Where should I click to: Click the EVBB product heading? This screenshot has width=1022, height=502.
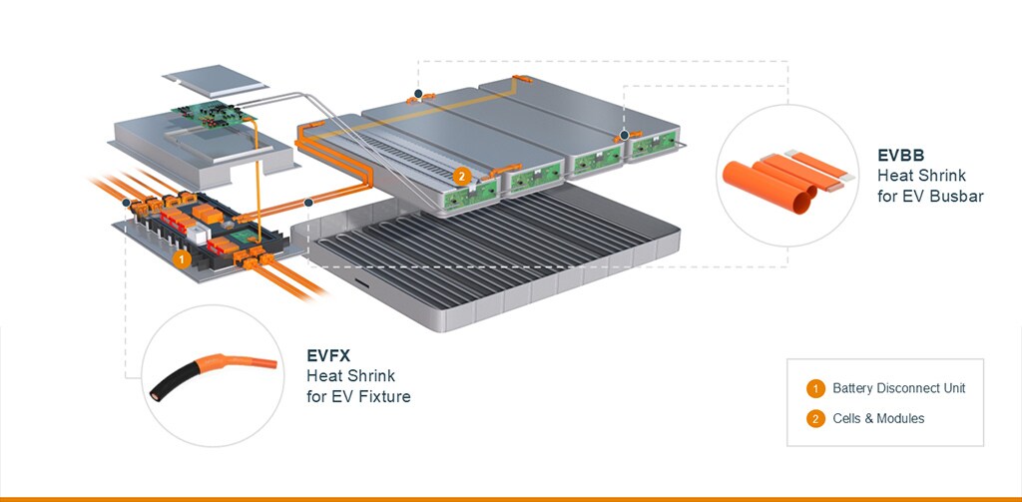[901, 156]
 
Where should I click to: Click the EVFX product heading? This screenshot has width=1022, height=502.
[329, 355]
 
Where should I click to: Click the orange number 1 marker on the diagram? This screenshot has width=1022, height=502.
[181, 257]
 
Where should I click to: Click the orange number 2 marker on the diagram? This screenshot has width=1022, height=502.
[461, 176]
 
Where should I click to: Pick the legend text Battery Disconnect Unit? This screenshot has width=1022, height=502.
[898, 388]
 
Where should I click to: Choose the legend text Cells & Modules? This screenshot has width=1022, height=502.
[878, 418]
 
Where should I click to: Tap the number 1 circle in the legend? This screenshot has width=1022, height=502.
[816, 388]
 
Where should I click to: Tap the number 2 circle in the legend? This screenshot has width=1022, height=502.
[816, 418]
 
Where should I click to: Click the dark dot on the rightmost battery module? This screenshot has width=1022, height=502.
[624, 135]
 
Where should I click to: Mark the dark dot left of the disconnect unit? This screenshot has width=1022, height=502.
[126, 203]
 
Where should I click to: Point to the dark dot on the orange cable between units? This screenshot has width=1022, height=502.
[308, 203]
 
